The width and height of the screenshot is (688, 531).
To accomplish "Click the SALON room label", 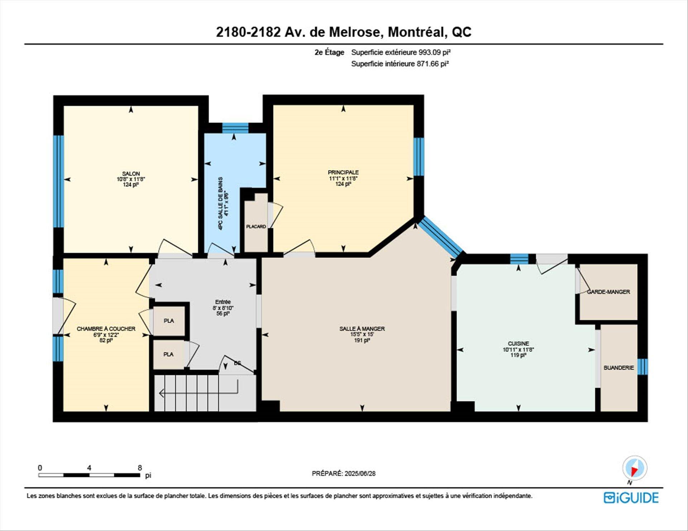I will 131,174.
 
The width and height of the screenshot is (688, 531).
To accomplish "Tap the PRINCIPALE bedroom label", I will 343,173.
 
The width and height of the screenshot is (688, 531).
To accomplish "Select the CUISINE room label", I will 518,343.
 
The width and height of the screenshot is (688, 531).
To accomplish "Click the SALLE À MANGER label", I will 362,329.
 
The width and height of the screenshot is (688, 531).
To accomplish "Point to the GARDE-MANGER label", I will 608,292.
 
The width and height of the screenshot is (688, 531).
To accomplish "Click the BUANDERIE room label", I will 618,368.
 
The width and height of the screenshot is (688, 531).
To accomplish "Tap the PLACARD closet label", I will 256,227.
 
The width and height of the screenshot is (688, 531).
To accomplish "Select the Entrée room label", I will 223,302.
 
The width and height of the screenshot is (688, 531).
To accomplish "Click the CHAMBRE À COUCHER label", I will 106,329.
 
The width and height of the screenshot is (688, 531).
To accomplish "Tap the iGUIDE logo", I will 631,498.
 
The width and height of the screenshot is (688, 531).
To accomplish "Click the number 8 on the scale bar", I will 140,468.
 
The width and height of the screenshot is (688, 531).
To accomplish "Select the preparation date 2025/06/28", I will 360,473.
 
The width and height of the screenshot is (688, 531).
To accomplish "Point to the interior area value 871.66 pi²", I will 433,64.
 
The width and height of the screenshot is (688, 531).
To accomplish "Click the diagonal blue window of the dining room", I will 440,237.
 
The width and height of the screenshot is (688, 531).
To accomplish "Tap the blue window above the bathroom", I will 235,127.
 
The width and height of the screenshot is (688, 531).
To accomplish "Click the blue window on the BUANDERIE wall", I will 642,366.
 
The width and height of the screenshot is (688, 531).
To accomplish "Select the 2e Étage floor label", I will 329,52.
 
